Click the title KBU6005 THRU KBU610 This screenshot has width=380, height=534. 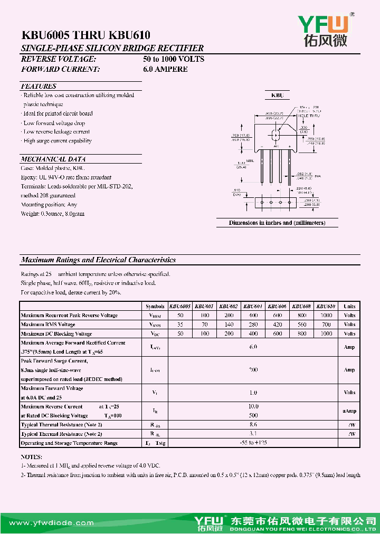click(86, 36)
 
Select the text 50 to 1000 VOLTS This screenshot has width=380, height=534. click(174, 59)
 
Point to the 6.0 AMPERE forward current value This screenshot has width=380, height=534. click(165, 69)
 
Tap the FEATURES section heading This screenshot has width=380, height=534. click(39, 86)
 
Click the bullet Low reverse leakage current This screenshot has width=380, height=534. click(56, 132)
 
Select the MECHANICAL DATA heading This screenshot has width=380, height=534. click(53, 159)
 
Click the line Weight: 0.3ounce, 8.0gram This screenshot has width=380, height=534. click(52, 214)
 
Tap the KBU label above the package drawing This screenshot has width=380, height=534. click(277, 96)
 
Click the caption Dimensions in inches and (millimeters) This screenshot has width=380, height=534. click(277, 223)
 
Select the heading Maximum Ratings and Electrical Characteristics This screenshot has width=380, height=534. click(98, 260)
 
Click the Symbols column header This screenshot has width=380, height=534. click(155, 306)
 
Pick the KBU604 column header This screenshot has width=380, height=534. click(253, 306)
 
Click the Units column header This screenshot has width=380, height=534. click(349, 306)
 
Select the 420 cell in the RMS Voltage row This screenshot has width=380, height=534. click(277, 325)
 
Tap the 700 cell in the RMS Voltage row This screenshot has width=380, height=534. click(326, 325)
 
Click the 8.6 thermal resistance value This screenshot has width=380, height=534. click(253, 424)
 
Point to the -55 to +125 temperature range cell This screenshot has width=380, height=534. click(253, 443)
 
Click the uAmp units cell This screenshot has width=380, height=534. click(349, 411)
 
